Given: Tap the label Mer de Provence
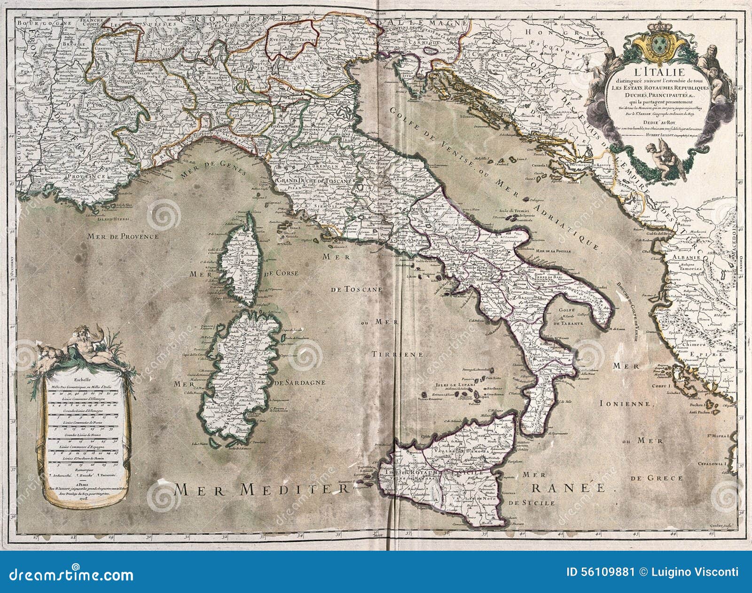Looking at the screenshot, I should (x=123, y=237).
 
